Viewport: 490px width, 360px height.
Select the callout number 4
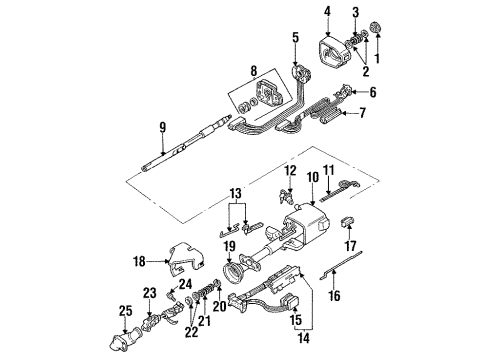tap(326, 13)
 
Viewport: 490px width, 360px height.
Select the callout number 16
tap(334, 296)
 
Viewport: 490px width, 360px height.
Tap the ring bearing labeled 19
tap(240, 272)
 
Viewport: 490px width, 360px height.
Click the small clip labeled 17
tap(350, 222)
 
